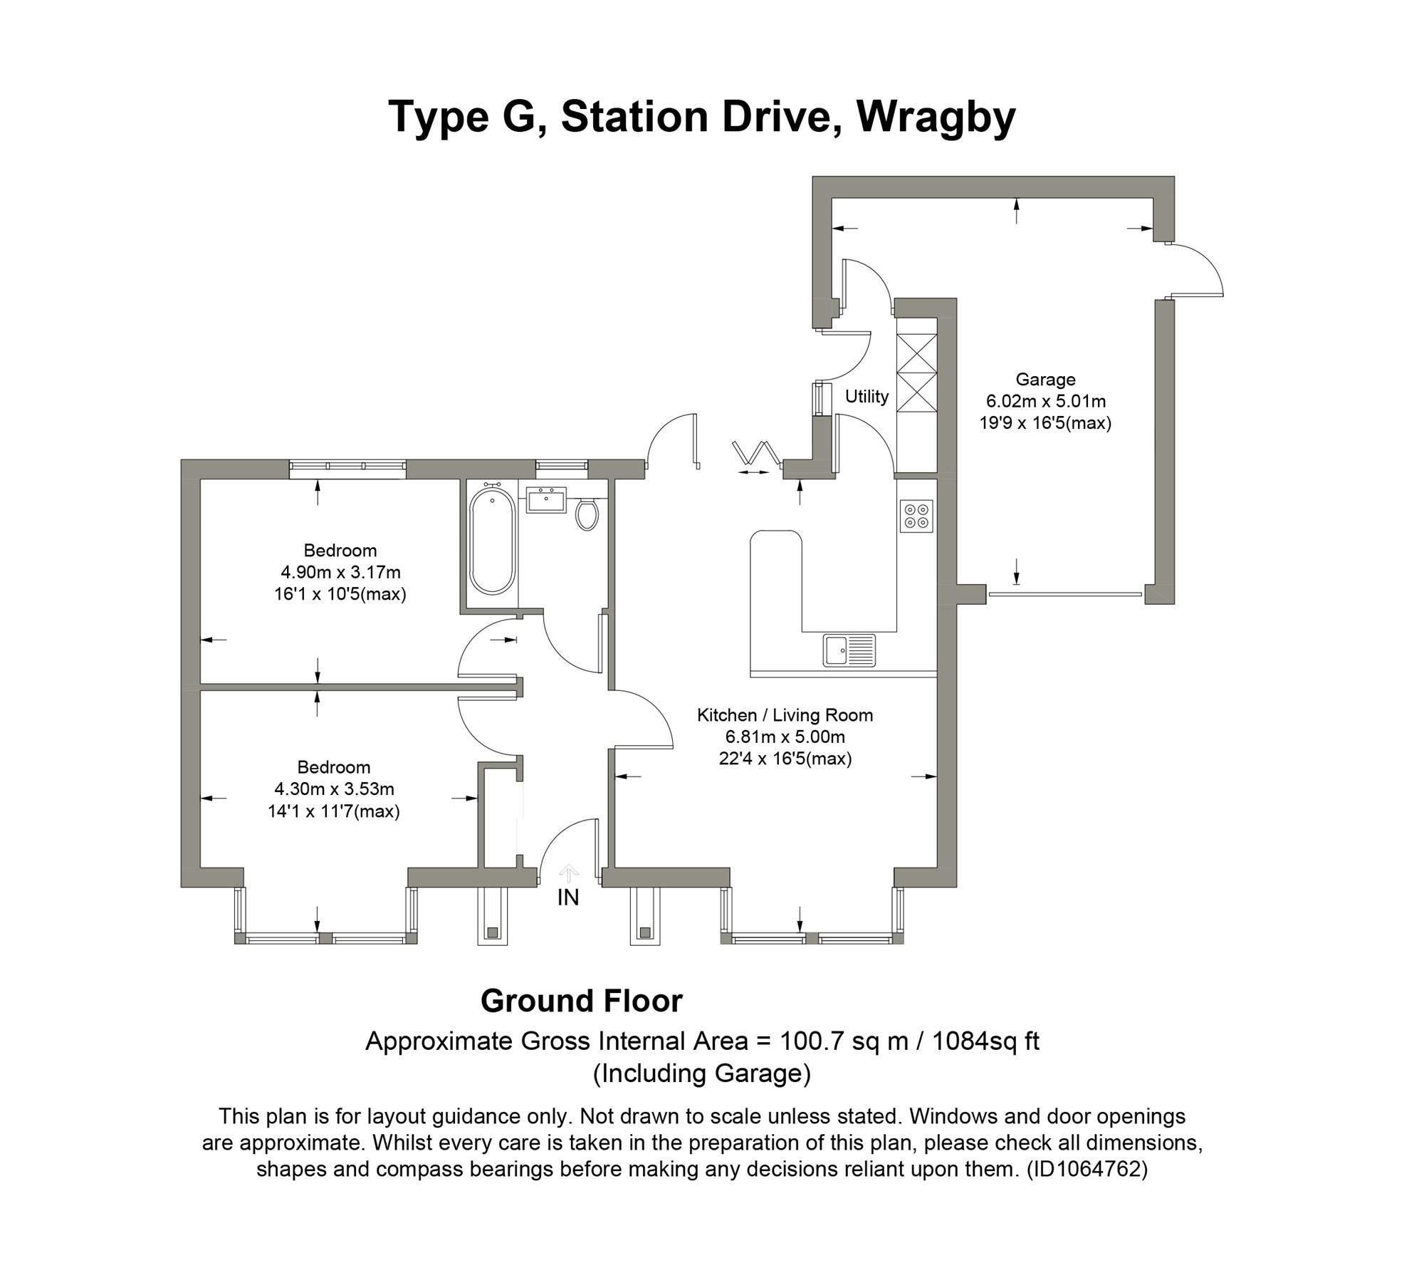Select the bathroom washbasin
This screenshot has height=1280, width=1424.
click(547, 500)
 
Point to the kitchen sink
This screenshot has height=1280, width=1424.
click(849, 650)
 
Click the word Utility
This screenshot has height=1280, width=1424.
click(867, 396)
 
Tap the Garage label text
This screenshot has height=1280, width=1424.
click(1045, 380)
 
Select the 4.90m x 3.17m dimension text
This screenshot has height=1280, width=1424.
click(340, 572)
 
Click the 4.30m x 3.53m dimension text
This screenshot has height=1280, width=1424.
click(334, 789)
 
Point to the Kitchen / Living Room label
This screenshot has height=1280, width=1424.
click(785, 715)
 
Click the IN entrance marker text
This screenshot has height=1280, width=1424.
click(568, 898)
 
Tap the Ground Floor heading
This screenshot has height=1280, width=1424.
click(581, 1001)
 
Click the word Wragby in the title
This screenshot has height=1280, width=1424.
click(936, 117)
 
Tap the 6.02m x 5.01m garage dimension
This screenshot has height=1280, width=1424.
click(1045, 401)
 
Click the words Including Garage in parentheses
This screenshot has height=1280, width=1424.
click(701, 1073)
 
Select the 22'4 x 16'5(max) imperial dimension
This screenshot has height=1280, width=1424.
click(785, 759)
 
